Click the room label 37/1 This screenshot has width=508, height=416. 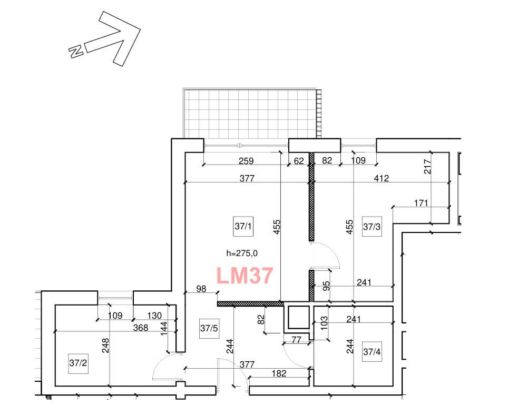click(243, 226)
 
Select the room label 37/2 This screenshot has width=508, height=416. click(78, 363)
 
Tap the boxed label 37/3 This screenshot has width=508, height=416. click(372, 227)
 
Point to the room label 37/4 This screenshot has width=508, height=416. click(372, 352)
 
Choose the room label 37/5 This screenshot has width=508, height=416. click(209, 328)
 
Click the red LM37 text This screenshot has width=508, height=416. click(245, 276)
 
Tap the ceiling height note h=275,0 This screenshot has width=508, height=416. click(242, 253)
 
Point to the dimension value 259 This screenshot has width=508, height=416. click(246, 160)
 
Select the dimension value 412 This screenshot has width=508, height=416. click(382, 178)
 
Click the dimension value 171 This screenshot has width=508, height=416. click(421, 203)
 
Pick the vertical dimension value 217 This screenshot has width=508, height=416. click(428, 167)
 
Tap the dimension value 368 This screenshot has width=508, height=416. click(141, 328)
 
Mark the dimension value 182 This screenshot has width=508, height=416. click(279, 373)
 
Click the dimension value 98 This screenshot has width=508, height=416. click(201, 289)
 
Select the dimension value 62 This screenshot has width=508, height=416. click(299, 160)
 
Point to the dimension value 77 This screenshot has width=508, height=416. click(297, 340)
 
